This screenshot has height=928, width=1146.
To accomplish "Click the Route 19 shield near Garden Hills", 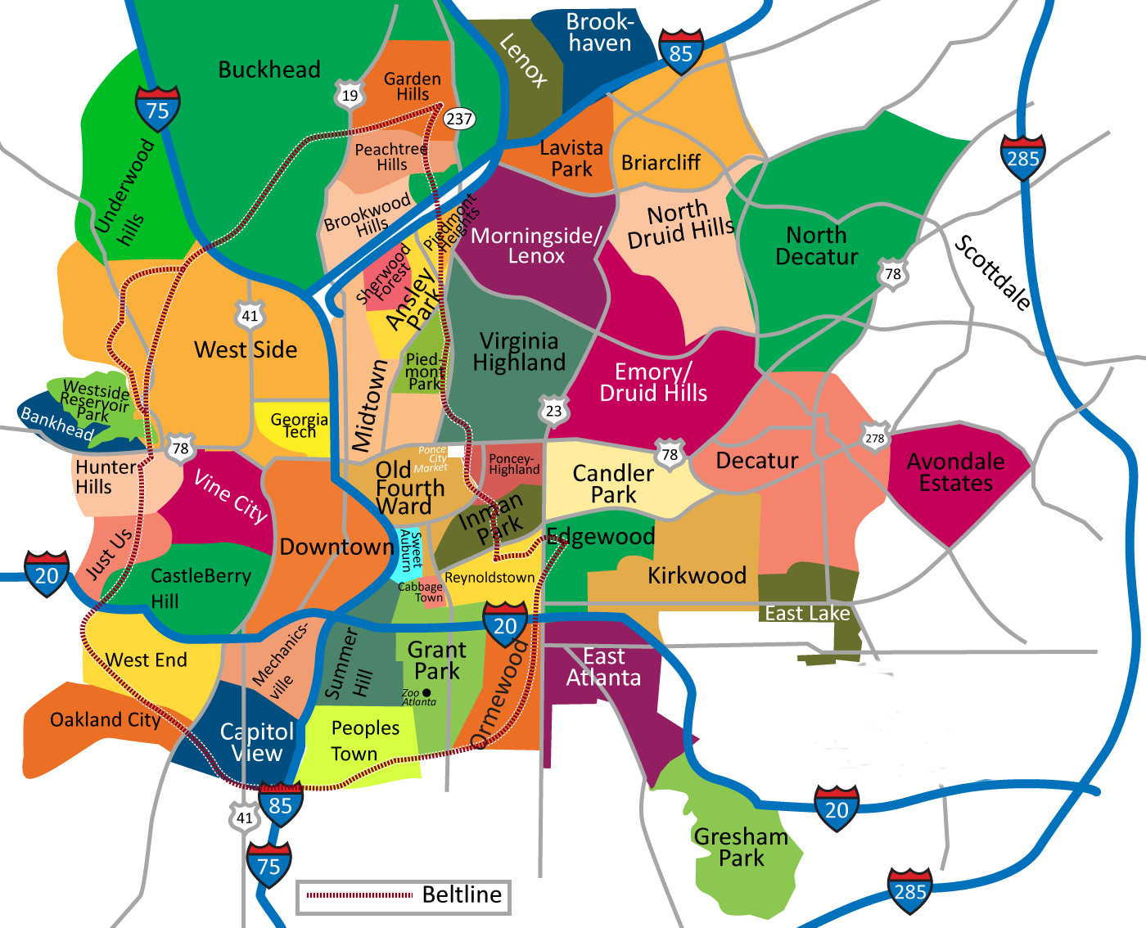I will click(x=350, y=95).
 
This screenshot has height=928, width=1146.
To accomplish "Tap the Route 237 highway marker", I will click(x=459, y=119).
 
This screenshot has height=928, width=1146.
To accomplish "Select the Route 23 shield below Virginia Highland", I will click(x=554, y=410).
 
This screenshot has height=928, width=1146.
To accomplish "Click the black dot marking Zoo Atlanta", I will click(x=426, y=693).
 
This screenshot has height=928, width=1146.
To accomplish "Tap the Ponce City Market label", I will click(x=431, y=459).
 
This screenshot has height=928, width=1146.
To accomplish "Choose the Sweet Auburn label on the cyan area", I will click(x=410, y=551).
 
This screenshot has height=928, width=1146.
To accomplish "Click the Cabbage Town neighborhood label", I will click(x=420, y=592).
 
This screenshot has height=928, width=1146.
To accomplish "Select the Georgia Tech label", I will click(x=299, y=426).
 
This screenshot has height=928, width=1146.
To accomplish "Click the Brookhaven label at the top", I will click(x=600, y=33).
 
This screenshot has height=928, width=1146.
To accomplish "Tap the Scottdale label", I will click(x=993, y=273).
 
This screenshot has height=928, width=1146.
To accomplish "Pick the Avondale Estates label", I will click(x=955, y=472).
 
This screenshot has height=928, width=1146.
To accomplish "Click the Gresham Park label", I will click(x=741, y=847).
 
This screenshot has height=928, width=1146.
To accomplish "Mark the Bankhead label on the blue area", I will click(x=56, y=424).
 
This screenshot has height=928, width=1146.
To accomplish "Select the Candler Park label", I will click(x=613, y=484).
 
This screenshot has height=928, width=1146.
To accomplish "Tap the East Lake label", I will click(x=807, y=613).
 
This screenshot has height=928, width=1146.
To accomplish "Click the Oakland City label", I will click(x=105, y=720).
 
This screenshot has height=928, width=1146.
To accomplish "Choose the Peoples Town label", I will click(x=365, y=741).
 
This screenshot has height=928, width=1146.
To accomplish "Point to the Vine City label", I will click(x=231, y=497).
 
